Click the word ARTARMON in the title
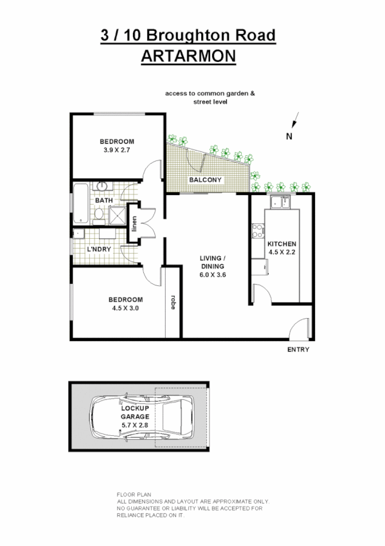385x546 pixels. click(188, 56)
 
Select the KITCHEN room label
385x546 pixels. click(282, 244)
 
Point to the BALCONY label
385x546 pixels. click(205, 180)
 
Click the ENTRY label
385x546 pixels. click(298, 350)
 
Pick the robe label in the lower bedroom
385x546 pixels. click(173, 303)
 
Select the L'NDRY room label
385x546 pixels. click(99, 249)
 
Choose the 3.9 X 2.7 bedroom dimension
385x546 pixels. click(116, 150)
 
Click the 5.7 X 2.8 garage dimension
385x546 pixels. click(134, 425)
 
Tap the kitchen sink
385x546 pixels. click(281, 203)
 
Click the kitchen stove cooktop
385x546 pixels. click(258, 230)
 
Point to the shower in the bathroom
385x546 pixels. click(118, 216)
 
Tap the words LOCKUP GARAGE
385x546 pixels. click(134, 413)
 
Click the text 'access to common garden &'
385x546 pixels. click(210, 93)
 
